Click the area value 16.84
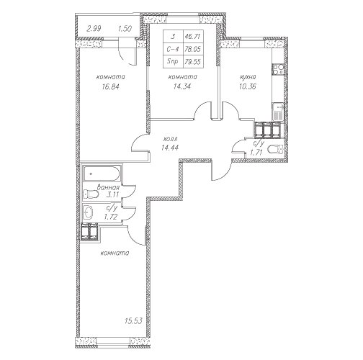[110, 86]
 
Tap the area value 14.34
[182, 86]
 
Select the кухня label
[248, 77]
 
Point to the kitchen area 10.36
[248, 86]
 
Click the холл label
[170, 139]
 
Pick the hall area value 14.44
[170, 148]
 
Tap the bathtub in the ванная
[102, 174]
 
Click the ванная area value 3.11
[112, 194]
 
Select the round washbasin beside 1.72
[88, 212]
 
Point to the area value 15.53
[133, 321]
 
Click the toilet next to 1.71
[276, 149]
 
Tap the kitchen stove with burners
[278, 69]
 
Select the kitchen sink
[278, 112]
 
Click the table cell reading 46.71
[193, 37]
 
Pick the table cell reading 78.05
[193, 49]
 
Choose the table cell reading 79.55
[193, 62]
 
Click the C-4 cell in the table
[173, 49]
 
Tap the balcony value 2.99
[94, 29]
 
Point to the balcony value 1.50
[125, 29]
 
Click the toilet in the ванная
[91, 194]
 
